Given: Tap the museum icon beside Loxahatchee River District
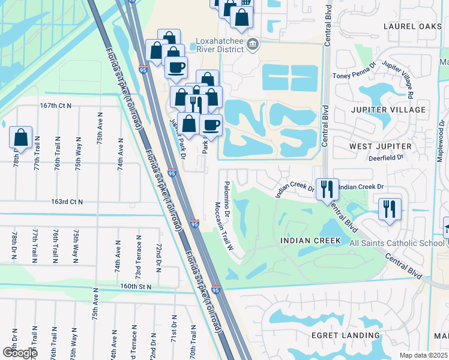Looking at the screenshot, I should [253, 43].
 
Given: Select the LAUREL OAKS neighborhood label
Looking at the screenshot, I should [408, 26].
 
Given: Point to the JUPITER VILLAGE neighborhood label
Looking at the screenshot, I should [388, 110].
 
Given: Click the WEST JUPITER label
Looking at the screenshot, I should [381, 146].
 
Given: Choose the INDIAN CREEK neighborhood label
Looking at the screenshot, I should [310, 241].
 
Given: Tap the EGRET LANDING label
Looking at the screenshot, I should [346, 335].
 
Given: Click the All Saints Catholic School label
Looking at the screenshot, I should [396, 242].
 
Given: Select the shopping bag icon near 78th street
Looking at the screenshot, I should [21, 137].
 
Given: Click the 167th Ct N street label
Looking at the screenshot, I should [56, 106].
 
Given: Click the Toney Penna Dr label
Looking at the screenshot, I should [354, 76].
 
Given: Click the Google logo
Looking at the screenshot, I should [19, 352].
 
